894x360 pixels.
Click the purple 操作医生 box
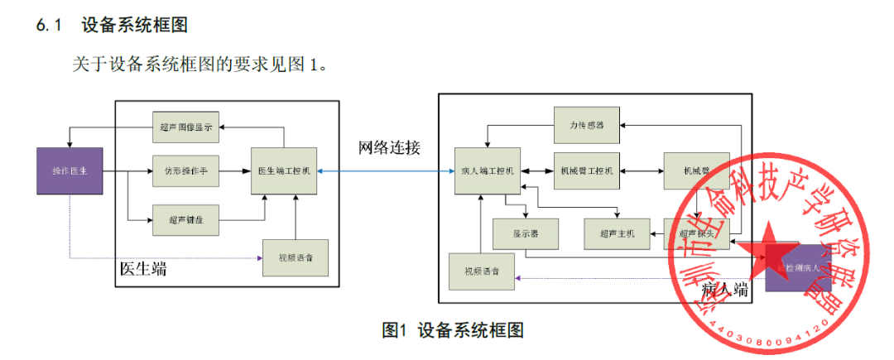[70, 170]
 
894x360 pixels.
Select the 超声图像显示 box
[185, 127]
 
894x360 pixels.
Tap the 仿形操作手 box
[185, 170]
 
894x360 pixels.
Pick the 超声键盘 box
[185, 219]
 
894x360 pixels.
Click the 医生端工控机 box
[284, 170]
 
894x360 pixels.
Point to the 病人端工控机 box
[487, 170]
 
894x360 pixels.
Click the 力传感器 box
[586, 126]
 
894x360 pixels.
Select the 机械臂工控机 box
[586, 170]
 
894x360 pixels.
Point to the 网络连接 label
[389, 148]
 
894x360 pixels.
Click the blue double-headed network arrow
[385, 171]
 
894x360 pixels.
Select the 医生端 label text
[142, 268]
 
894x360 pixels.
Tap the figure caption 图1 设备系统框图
[453, 330]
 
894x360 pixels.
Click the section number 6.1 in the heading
[50, 26]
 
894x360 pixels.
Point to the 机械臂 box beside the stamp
[695, 170]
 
